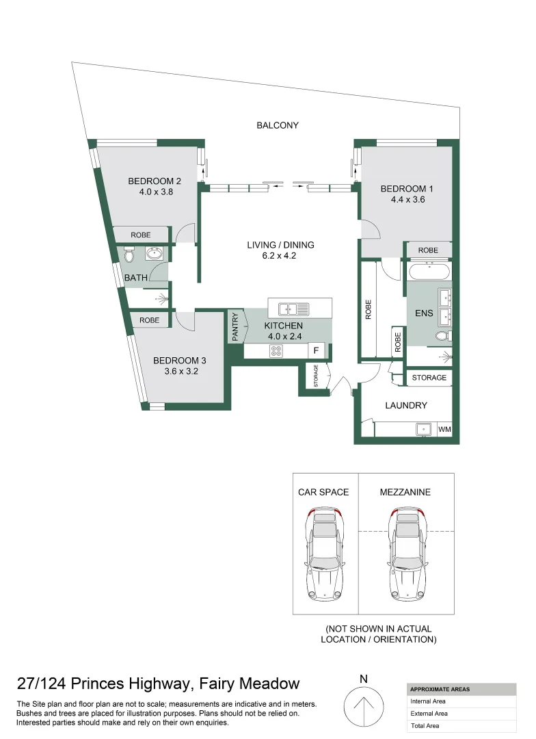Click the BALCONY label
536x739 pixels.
pos(278,125)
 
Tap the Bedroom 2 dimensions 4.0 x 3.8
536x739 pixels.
pos(156,192)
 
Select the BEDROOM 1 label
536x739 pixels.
pos(407,189)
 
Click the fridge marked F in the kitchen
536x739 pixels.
pos(316,350)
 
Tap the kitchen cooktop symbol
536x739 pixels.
pos(276,350)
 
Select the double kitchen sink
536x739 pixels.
pos(293,309)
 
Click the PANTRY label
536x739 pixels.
pos(235,326)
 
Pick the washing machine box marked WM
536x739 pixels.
pos(444,429)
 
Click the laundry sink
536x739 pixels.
pos(424,429)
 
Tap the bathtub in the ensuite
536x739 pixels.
pos(429,272)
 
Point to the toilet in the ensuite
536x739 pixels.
pos(443,336)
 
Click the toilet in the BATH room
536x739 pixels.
pos(129,256)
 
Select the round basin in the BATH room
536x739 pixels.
pos(154,255)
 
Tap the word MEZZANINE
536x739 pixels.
pos(405,492)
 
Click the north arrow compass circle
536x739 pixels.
pos(363,706)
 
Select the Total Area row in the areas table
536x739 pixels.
pos(461,725)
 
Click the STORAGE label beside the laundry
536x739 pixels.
pos(429,378)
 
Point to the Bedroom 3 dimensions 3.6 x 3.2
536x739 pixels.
pos(181,372)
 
